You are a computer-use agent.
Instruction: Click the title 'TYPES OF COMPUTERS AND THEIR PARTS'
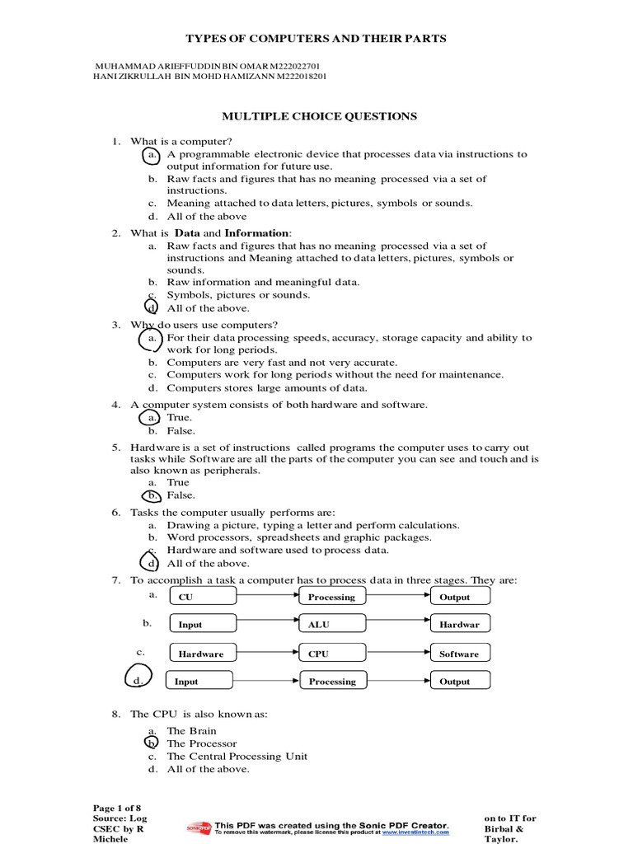(316, 39)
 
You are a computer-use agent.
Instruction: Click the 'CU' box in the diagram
(202, 597)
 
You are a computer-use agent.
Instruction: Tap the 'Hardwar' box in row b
(460, 625)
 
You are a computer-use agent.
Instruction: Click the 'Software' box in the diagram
(460, 654)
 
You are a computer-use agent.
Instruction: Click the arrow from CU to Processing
(267, 597)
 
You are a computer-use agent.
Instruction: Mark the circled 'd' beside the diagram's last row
(138, 680)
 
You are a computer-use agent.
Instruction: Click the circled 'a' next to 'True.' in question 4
(152, 418)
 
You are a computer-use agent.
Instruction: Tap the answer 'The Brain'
(192, 731)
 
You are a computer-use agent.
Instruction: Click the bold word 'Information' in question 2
(257, 233)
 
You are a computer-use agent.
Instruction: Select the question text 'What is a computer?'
(177, 142)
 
